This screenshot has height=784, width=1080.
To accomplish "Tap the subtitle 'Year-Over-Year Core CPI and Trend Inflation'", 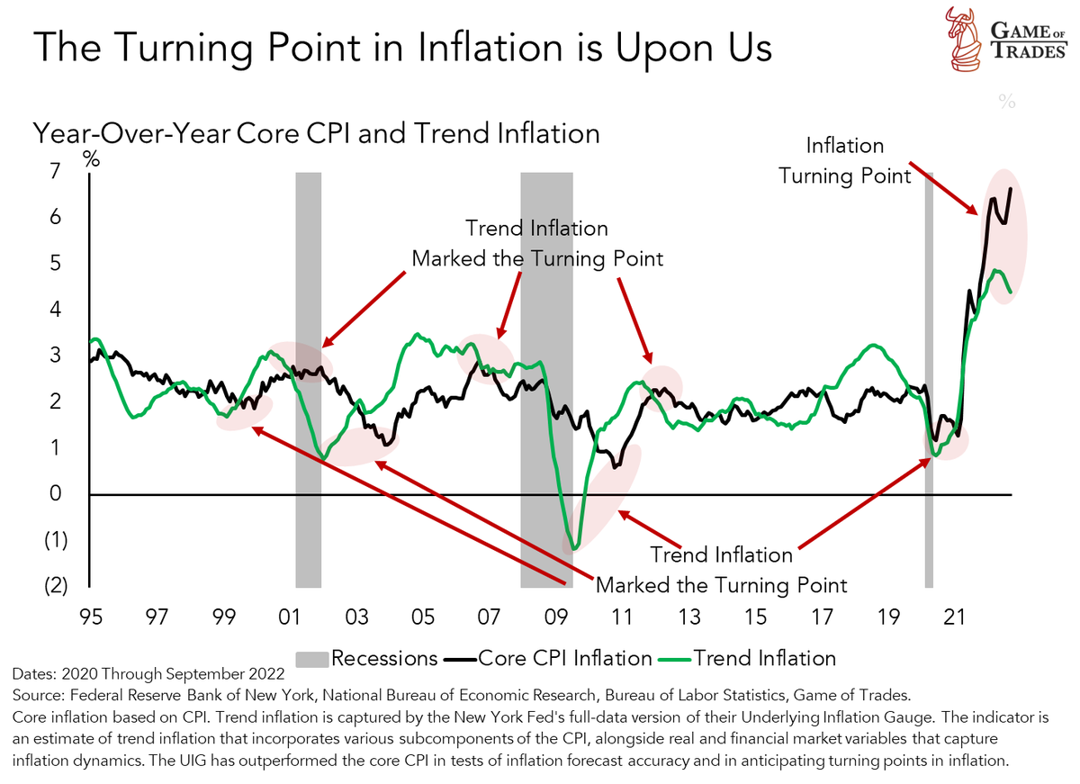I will (x=316, y=133).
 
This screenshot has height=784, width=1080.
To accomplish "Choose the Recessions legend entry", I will (x=368, y=658).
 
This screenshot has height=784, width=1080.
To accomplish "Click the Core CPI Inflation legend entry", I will (x=548, y=658).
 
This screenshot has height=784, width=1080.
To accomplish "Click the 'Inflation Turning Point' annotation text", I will (x=844, y=160).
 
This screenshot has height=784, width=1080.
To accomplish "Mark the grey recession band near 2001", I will (x=309, y=378).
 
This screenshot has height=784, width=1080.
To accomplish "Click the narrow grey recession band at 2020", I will (x=928, y=378).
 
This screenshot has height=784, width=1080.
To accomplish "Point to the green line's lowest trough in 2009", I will (x=573, y=546).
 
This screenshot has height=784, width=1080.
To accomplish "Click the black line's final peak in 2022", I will (x=1011, y=189).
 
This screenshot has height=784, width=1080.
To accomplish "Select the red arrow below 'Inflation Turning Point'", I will (x=946, y=192).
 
